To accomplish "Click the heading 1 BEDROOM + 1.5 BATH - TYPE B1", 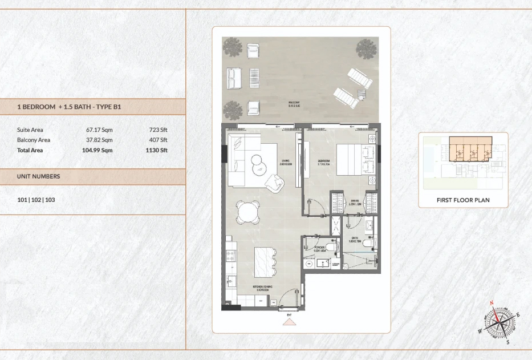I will (x=69, y=107).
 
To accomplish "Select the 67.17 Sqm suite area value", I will (x=99, y=130).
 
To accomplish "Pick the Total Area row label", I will (x=30, y=151).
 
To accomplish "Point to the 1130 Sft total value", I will (x=156, y=151).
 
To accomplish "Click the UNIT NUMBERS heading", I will (x=38, y=176).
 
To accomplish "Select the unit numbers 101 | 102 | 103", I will (x=36, y=200).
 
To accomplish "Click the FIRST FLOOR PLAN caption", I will (x=463, y=200).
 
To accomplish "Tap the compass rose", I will (x=499, y=322).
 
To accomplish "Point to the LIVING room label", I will (x=286, y=162).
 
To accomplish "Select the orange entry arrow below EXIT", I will (x=290, y=322).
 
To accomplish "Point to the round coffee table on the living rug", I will (x=259, y=165).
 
